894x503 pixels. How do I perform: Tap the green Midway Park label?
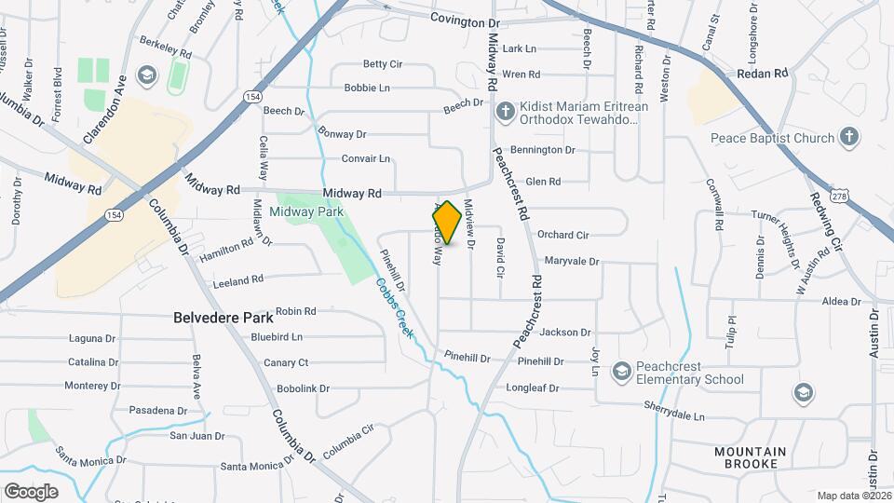click(x=306, y=211)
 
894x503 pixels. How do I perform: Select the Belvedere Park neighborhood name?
click(x=223, y=317)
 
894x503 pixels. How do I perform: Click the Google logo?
click(x=31, y=491)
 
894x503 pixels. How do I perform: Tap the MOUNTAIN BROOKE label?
click(x=751, y=457)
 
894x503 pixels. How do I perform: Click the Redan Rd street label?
click(x=762, y=73)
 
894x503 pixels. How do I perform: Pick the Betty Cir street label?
click(x=382, y=64)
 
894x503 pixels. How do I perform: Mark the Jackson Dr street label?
click(x=565, y=332)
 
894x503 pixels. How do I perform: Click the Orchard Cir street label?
click(x=563, y=235)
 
